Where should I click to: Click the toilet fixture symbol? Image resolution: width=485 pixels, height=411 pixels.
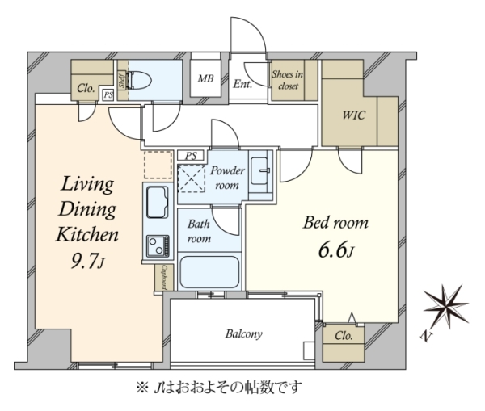[x=139, y=81]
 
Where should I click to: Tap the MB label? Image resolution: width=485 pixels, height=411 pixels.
[x=205, y=78]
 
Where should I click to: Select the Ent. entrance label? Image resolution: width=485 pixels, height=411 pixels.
[x=242, y=84]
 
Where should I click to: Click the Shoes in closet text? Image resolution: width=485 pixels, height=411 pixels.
[x=287, y=80]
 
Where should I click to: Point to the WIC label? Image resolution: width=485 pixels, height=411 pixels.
[x=353, y=115]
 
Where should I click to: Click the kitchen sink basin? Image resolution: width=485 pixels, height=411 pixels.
[x=158, y=202]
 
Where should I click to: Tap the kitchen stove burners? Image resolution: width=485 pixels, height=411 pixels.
[x=158, y=246]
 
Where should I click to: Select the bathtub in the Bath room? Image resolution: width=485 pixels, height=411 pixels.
[x=209, y=272]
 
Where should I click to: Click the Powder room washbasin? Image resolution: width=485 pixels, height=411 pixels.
[x=259, y=170]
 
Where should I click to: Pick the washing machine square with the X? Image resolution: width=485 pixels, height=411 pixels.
[x=192, y=178]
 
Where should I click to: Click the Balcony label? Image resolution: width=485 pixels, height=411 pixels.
[x=244, y=334]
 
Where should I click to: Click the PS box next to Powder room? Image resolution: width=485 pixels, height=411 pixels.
[x=191, y=156]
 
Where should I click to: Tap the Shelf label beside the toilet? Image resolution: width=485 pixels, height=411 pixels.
[x=122, y=81]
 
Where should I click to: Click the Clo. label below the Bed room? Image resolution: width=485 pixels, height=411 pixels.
[x=344, y=336]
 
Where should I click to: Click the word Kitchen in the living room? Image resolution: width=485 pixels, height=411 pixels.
[x=87, y=234]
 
